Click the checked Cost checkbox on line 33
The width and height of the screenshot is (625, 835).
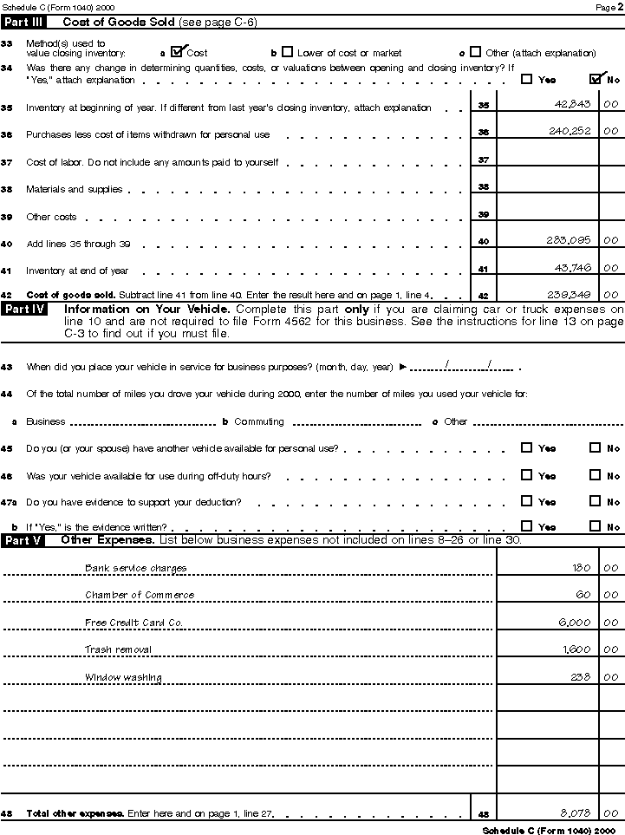[x=179, y=52]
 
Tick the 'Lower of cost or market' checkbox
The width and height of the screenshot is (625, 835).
[x=288, y=52]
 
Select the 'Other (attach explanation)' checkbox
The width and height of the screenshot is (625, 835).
[x=475, y=52]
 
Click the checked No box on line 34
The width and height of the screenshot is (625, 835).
[x=596, y=79]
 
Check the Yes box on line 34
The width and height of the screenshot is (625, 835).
[x=527, y=79]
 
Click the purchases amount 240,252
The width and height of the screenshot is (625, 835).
[x=569, y=131]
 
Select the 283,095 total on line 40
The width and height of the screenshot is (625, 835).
[x=570, y=240]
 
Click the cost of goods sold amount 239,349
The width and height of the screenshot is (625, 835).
[x=570, y=294]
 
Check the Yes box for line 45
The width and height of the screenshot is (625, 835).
[x=527, y=448]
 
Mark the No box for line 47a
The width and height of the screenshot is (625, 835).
[x=595, y=501]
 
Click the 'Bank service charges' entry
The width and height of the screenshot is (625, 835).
[x=135, y=568]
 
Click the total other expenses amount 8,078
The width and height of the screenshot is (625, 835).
[x=576, y=812]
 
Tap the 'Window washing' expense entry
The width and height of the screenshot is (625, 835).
[x=123, y=676]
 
